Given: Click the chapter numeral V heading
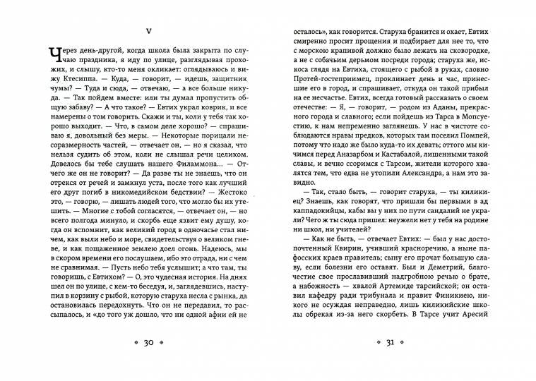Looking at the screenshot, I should click(x=148, y=31).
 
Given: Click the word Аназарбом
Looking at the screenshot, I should click(x=366, y=152).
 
